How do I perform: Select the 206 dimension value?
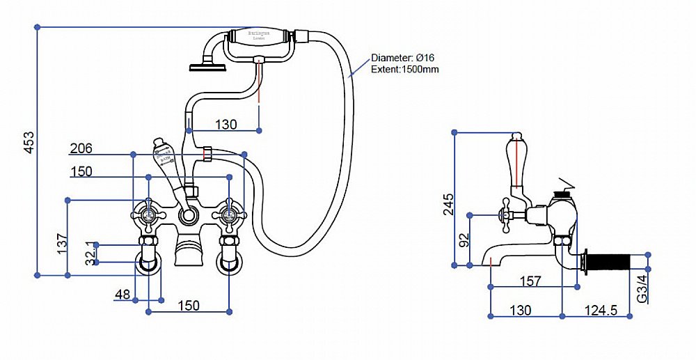(81, 148)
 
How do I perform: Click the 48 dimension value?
(122, 295)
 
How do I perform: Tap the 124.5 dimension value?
(601, 310)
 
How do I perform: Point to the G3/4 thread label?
(642, 288)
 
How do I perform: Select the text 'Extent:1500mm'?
(405, 69)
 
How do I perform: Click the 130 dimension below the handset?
(226, 125)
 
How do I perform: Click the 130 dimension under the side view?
(520, 310)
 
